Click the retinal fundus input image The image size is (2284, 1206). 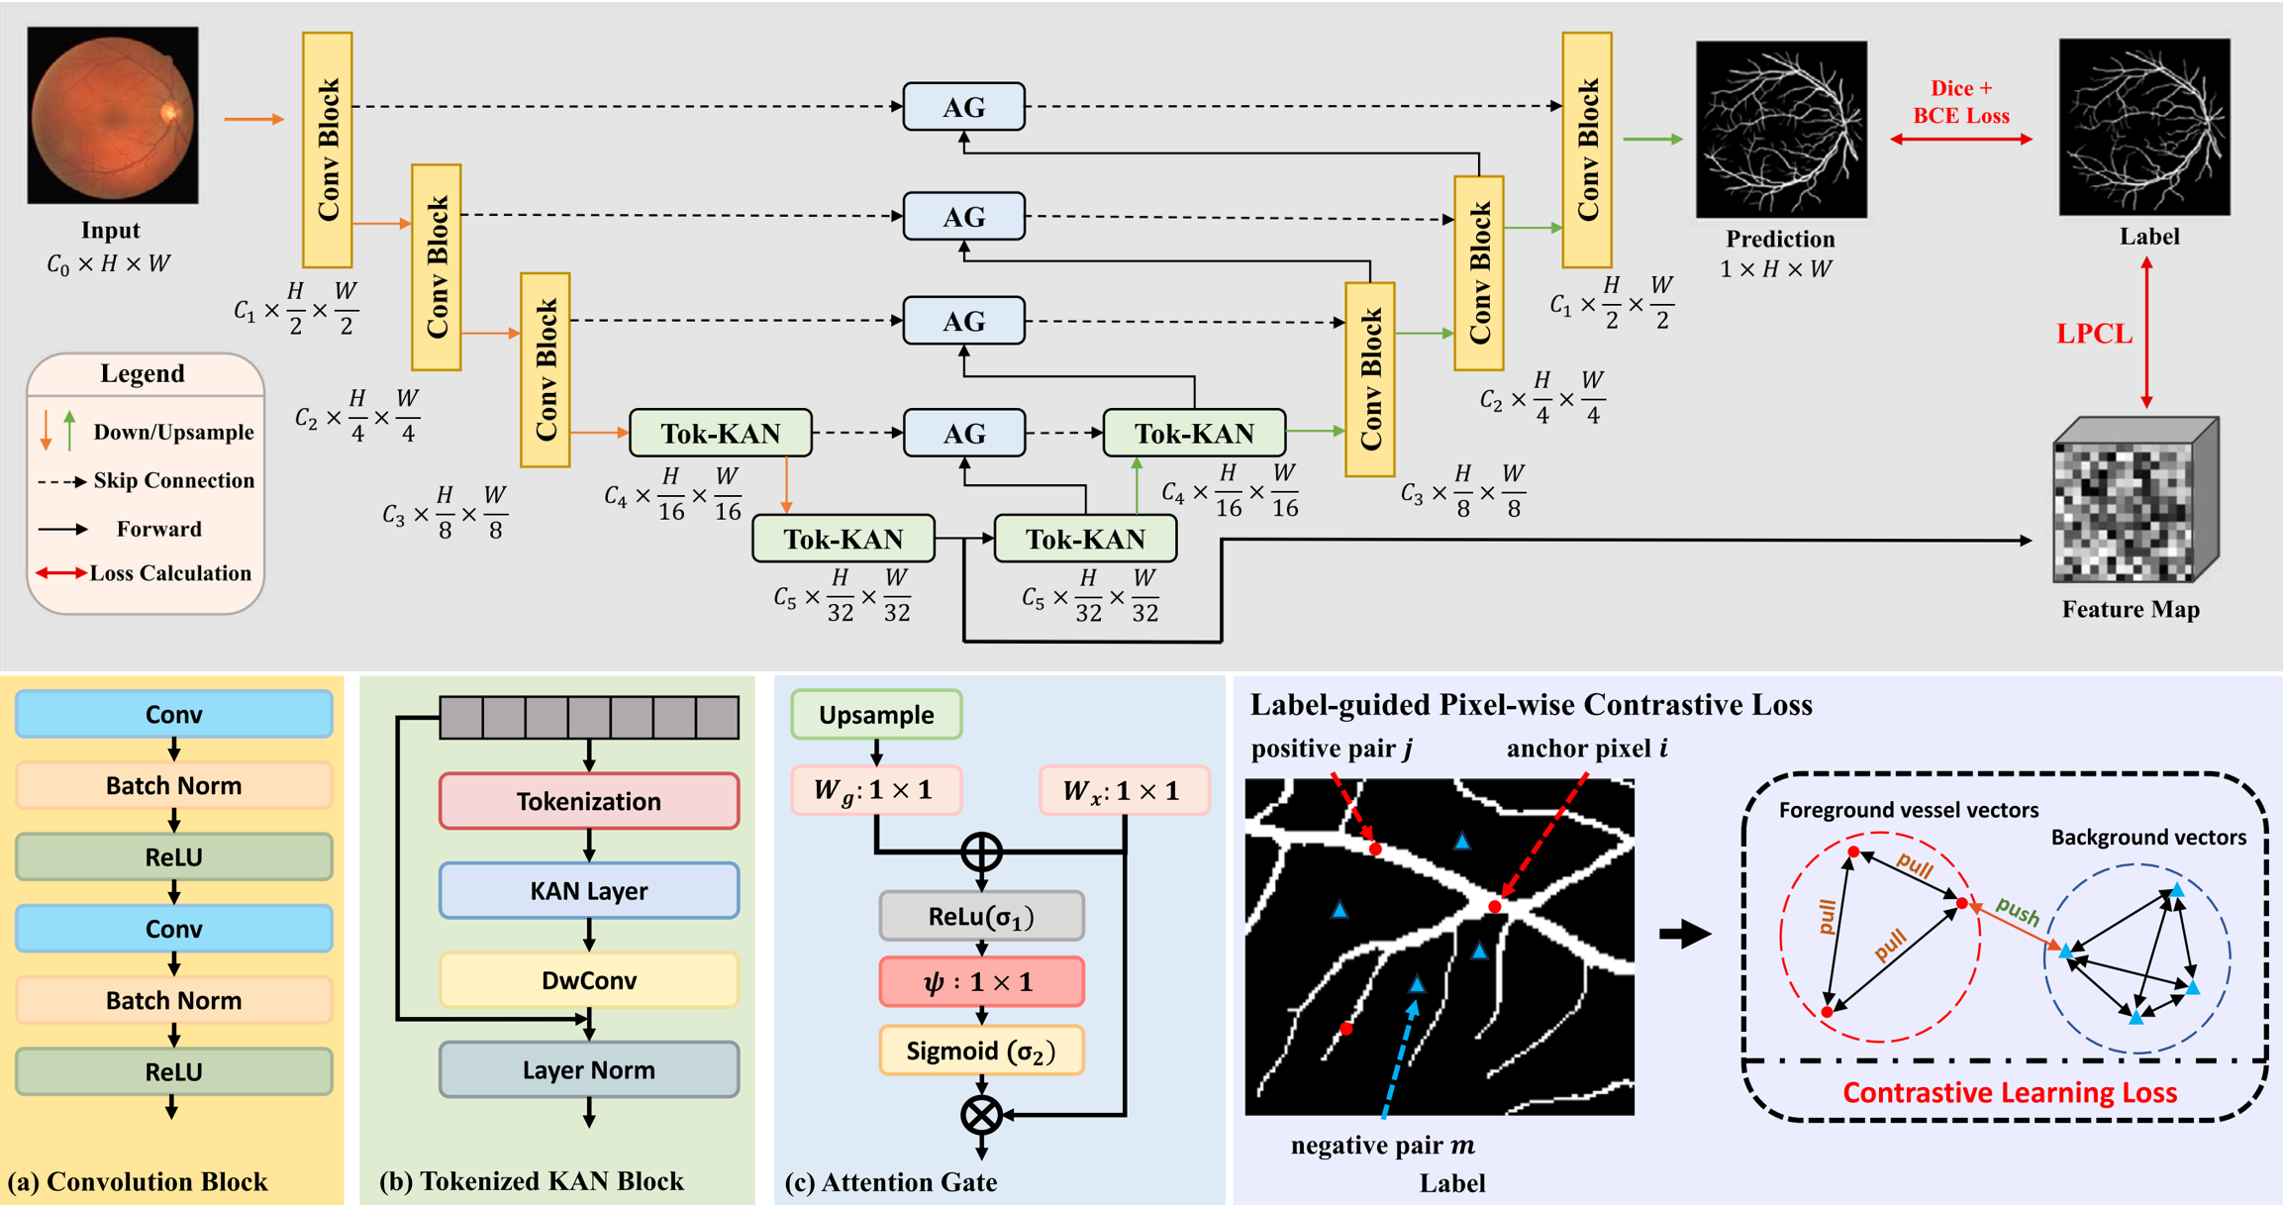pos(112,115)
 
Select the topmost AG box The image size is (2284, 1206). pos(963,107)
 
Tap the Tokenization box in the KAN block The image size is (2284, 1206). pos(588,801)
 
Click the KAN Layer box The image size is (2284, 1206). pos(588,890)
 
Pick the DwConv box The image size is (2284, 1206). pos(588,980)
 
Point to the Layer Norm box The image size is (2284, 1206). pos(588,1069)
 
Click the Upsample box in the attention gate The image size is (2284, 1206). pos(876,715)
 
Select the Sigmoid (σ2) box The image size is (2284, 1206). pos(981,1051)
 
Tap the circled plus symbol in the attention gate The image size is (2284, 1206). pos(981,852)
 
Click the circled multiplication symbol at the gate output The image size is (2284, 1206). pos(981,1115)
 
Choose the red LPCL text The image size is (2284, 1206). pos(2094,334)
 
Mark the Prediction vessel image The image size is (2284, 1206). pos(1780,130)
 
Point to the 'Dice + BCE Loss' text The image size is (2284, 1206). pos(1960,102)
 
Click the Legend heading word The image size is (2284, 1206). pos(143,373)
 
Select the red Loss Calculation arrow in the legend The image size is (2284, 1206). pos(60,573)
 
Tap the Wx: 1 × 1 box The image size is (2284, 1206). pos(1124,790)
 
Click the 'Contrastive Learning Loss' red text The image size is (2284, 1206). pos(2009,1092)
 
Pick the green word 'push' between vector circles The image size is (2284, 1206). pos(2017,911)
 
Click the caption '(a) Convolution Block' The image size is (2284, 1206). pos(138,1181)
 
